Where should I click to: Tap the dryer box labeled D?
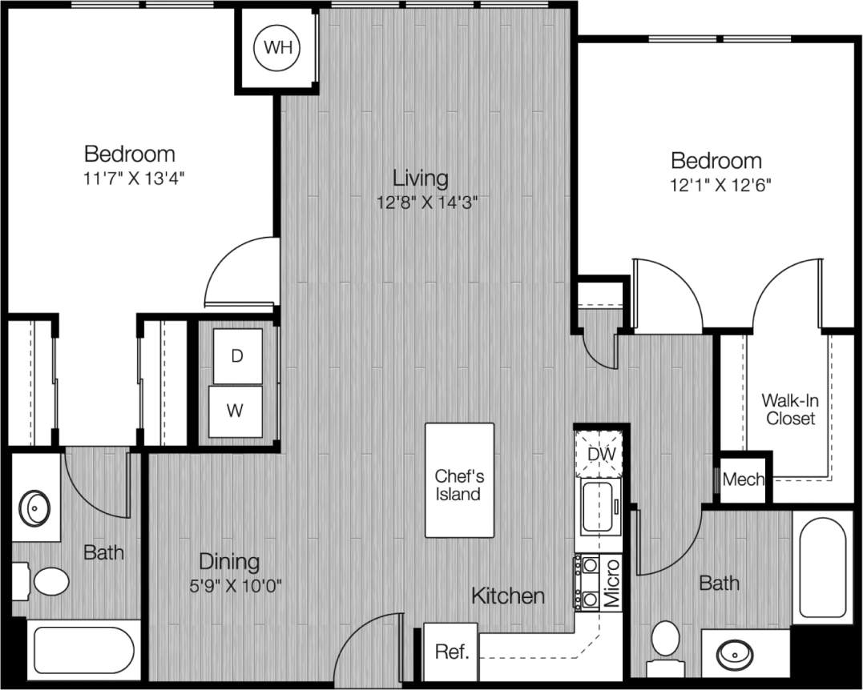(237, 356)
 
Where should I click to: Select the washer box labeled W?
(235, 411)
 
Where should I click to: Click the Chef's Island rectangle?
(459, 480)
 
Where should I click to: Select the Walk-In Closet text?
(789, 408)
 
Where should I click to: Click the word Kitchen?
(508, 596)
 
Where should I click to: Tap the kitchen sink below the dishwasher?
(599, 507)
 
